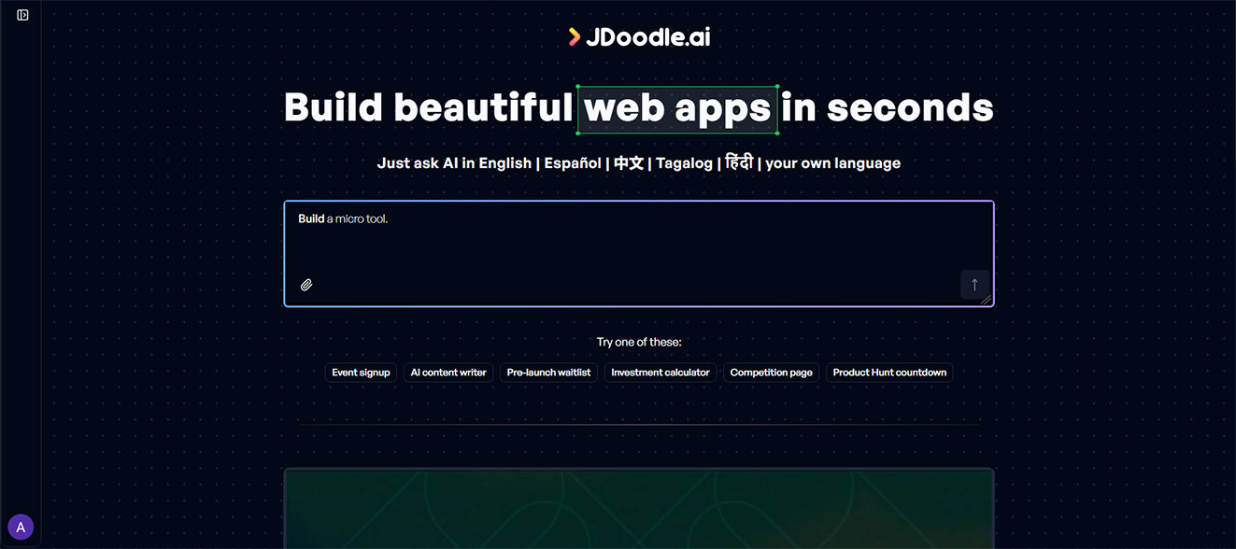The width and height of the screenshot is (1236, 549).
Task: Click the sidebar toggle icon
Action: pos(22,15)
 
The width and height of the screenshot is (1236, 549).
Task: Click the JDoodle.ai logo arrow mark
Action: pos(575,36)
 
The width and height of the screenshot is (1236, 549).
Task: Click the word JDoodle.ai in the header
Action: pos(647,36)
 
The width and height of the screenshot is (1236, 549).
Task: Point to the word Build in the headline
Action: pos(334,107)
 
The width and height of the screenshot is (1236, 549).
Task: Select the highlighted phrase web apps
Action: pos(677,108)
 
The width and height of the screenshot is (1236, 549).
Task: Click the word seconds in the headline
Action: pos(909,107)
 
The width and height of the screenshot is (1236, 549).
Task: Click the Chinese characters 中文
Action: pos(629,163)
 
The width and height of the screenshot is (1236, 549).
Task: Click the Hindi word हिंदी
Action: pos(739,162)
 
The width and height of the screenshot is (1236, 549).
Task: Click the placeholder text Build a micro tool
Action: pos(343,219)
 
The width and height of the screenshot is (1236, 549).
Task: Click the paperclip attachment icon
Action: pos(306,285)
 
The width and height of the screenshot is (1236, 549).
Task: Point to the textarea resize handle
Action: pos(986,299)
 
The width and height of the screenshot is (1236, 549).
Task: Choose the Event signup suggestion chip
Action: pos(361,373)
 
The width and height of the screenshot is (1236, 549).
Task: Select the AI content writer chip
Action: pos(448,373)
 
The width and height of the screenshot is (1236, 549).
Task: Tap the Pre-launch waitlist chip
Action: pos(548,373)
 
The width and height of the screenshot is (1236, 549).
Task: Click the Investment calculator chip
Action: pos(660,373)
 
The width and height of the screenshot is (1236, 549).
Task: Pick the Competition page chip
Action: pos(771,373)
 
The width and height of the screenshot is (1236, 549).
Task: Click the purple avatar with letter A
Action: pos(21,528)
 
